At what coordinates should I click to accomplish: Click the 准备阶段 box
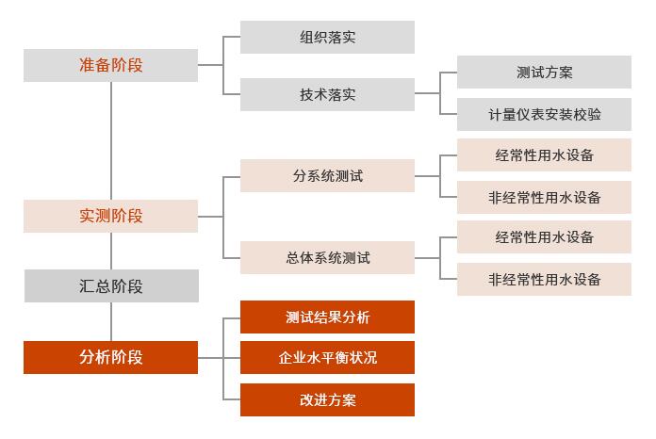pyautogui.click(x=110, y=65)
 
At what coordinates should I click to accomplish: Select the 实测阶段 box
pyautogui.click(x=110, y=216)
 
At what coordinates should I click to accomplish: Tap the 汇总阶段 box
pyautogui.click(x=110, y=285)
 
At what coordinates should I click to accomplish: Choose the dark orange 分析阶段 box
pyautogui.click(x=110, y=357)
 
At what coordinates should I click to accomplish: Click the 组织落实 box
pyautogui.click(x=327, y=38)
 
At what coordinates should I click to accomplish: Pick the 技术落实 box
pyautogui.click(x=327, y=94)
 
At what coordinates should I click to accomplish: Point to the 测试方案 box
pyautogui.click(x=544, y=72)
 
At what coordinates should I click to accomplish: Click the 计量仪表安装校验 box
pyautogui.click(x=544, y=115)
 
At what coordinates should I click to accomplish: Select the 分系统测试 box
pyautogui.click(x=327, y=175)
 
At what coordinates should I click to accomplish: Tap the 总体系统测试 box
pyautogui.click(x=327, y=257)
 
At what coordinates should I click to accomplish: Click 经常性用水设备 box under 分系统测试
pyautogui.click(x=544, y=154)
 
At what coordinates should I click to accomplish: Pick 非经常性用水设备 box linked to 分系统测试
pyautogui.click(x=544, y=198)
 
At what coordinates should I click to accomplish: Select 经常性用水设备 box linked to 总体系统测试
pyautogui.click(x=544, y=236)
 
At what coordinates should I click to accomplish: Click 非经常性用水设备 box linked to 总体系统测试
pyautogui.click(x=544, y=280)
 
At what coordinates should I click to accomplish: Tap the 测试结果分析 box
pyautogui.click(x=327, y=317)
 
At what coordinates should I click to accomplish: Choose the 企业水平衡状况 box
pyautogui.click(x=327, y=358)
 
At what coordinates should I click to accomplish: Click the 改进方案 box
pyautogui.click(x=327, y=399)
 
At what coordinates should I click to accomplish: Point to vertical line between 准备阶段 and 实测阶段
pyautogui.click(x=111, y=141)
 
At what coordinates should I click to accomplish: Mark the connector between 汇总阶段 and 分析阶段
pyautogui.click(x=111, y=321)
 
